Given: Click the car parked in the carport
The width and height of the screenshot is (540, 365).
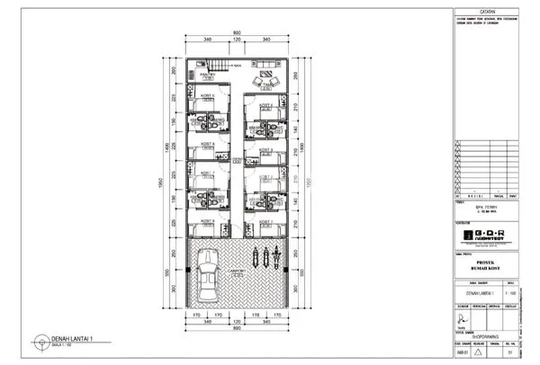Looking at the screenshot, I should coord(207,275).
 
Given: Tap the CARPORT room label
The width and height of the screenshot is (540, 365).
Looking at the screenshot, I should coord(236,270).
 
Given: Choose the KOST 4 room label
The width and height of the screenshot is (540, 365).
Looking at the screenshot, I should coord(265,105).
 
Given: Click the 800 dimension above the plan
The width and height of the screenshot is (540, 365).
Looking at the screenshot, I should coord(238,34).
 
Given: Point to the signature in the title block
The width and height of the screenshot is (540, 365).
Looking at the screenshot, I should coord(463,316).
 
